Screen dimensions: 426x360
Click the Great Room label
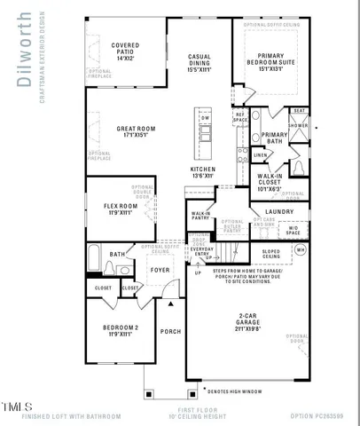137,129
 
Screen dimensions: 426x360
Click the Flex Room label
119,209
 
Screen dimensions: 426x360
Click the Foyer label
160,270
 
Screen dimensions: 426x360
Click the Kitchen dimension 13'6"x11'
203,175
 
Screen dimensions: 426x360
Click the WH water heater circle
300,250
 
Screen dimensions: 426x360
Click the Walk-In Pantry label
201,215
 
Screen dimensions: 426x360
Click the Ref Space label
240,118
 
